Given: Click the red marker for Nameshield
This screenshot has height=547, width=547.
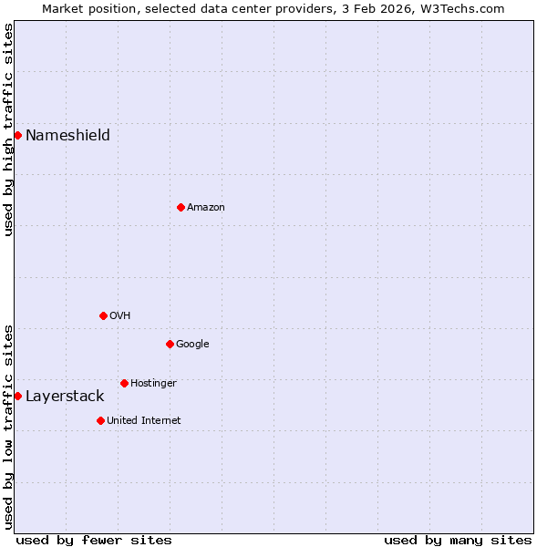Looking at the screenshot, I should (x=17, y=136).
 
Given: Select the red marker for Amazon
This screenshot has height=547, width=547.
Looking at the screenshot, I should (x=181, y=208).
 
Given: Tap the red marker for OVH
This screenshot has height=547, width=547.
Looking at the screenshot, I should (x=103, y=316).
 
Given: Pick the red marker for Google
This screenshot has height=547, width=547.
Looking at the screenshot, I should (x=170, y=345).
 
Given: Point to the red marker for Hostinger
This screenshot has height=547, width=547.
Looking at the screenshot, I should (x=124, y=384).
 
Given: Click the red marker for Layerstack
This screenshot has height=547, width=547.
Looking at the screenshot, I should (x=17, y=397).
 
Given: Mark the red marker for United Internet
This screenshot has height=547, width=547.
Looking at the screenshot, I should (x=100, y=421).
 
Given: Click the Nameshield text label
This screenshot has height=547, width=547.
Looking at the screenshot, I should (x=67, y=136).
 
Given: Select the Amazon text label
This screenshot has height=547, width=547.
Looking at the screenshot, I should (x=206, y=208).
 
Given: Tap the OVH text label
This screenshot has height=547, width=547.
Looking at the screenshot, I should (x=120, y=316).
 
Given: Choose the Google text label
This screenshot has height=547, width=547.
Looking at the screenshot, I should (x=192, y=345).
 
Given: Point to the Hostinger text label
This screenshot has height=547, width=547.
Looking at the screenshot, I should (x=153, y=384).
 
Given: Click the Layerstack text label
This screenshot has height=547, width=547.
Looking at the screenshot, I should (x=65, y=397).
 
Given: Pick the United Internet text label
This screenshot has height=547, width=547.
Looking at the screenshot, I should (x=144, y=421).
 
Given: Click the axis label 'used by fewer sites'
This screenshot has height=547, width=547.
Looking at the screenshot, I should (x=94, y=540).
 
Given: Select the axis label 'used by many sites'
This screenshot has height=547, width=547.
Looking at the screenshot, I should (x=458, y=540).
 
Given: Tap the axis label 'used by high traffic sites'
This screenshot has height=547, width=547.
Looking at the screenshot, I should (x=8, y=129).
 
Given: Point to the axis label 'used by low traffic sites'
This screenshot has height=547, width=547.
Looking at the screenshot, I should (x=8, y=427).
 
